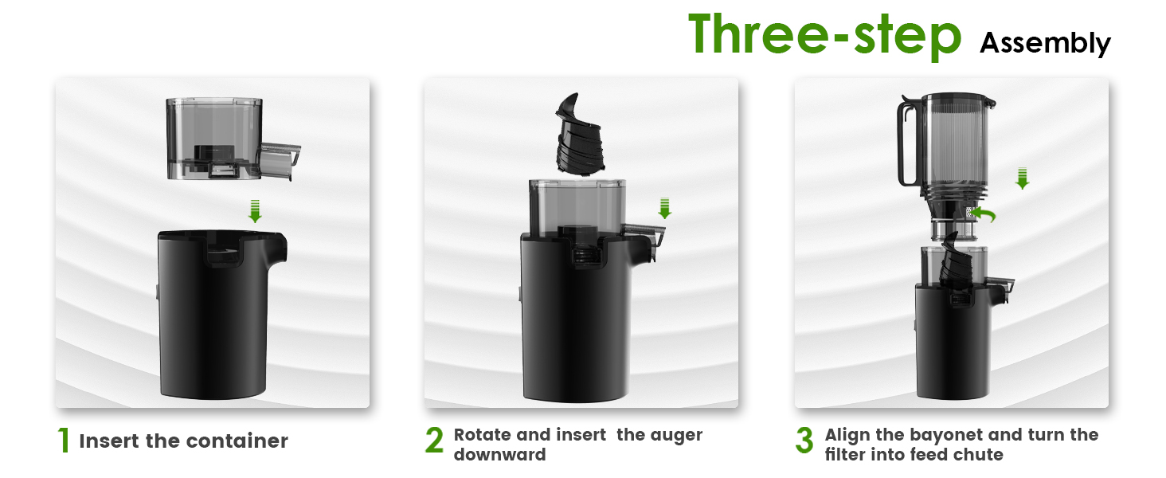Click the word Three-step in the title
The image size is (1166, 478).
825,34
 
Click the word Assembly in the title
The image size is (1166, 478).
1045,42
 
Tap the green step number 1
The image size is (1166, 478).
64,441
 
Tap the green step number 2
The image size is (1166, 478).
434,441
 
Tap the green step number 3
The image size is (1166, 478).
804,441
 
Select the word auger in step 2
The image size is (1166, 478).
677,435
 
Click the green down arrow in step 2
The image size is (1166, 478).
665,209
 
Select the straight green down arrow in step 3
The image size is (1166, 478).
1023,178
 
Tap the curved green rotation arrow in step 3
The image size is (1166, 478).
986,214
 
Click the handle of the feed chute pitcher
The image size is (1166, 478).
906,143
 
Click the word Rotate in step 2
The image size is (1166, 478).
479,435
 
